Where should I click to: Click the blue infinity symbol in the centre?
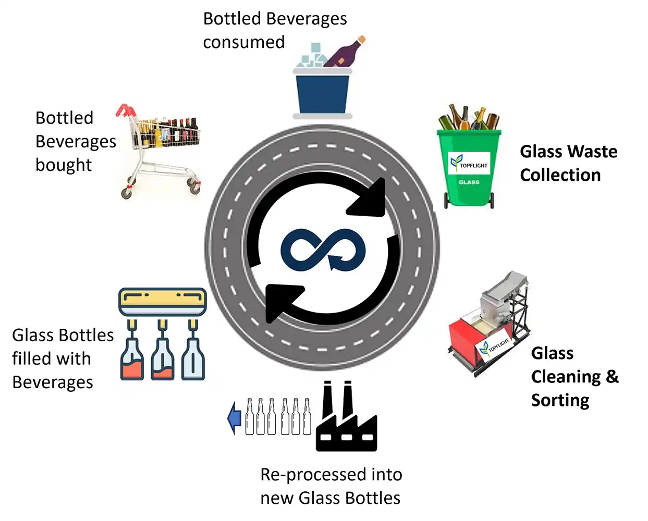[x=323, y=250]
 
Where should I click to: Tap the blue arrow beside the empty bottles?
[x=235, y=418]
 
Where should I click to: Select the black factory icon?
[x=346, y=416]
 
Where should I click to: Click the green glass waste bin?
[x=469, y=169]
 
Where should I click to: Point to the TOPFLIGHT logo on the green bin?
[x=469, y=163]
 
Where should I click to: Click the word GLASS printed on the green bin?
[x=469, y=182]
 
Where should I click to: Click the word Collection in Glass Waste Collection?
[x=560, y=175]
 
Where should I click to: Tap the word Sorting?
[x=560, y=401]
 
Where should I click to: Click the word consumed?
[x=244, y=42]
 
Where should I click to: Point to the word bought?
[x=64, y=165]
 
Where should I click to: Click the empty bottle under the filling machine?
[x=193, y=359]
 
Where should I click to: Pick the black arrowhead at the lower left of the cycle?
[x=282, y=303]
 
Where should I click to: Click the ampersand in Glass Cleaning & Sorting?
[x=612, y=376]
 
